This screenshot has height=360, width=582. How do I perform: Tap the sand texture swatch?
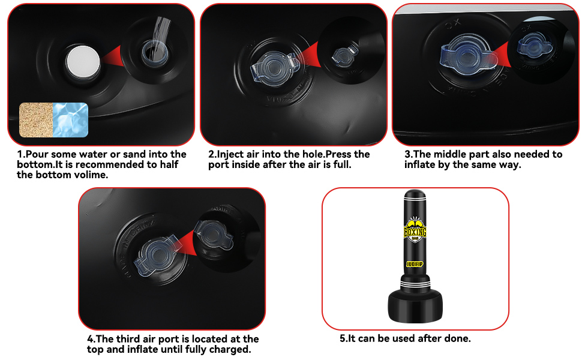coord(36,120)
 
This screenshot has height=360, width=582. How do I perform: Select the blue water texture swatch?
coord(71,120)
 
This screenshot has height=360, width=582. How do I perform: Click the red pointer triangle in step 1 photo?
coord(112,56)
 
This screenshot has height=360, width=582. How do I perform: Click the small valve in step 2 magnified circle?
coord(344,55)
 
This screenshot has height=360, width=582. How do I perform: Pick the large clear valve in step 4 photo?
coord(159,256)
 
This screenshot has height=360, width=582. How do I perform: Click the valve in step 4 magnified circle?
coord(214,235)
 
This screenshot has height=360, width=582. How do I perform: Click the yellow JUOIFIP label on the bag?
coord(415,264)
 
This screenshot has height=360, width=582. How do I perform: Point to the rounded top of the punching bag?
coord(415,194)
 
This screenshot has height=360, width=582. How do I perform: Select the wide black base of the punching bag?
coord(415,306)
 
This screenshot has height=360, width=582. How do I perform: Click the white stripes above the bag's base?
coord(415,284)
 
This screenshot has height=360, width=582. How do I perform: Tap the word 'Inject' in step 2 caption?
coord(229,155)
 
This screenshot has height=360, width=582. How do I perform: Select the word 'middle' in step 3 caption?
coord(469,154)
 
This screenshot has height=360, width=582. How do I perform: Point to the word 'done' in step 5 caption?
coord(458,338)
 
